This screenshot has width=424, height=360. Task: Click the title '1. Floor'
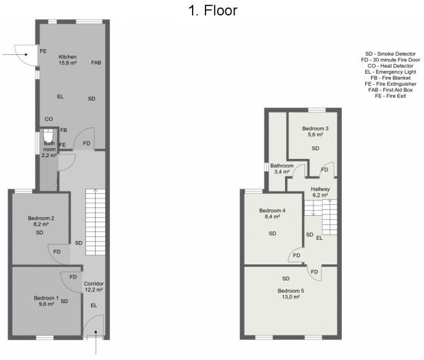(212, 10)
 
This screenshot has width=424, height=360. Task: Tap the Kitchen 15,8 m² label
(68, 59)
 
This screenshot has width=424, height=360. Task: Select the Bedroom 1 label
(47, 301)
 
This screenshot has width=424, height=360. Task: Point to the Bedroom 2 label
(41, 222)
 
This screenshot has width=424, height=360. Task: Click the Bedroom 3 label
(315, 132)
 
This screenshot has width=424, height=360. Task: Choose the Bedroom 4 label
(272, 215)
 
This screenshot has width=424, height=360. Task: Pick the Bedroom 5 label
(290, 294)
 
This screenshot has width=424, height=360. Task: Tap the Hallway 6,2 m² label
(320, 192)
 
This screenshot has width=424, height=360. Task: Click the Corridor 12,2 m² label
(94, 287)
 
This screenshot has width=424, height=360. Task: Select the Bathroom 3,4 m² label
(282, 169)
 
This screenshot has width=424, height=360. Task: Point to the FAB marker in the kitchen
(96, 63)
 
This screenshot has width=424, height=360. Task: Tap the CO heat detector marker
(48, 120)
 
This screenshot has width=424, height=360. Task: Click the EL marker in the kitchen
(60, 96)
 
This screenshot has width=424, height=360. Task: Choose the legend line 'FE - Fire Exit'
(390, 96)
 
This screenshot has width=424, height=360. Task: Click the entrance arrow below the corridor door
(97, 346)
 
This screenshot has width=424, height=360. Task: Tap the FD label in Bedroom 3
(325, 170)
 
